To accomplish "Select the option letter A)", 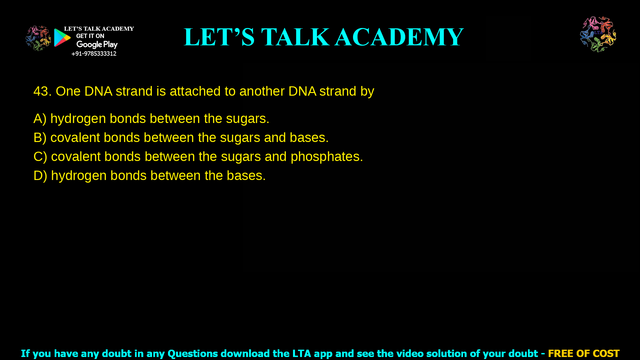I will (x=40, y=119).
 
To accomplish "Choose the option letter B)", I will (x=40, y=138).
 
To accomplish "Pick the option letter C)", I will (x=40, y=157).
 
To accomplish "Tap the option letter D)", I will (x=40, y=176).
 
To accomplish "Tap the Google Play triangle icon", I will (x=62, y=38).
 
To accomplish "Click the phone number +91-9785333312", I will (x=94, y=54).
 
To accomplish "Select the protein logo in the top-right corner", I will (x=598, y=34).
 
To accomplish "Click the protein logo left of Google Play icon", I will (x=38, y=38).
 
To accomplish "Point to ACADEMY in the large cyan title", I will (x=399, y=37).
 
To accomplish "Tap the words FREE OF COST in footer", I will (x=583, y=353).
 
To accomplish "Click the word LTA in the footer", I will (x=302, y=353).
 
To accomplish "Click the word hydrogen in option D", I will (x=79, y=176).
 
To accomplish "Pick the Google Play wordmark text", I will (x=97, y=45).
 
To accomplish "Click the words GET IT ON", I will (x=90, y=36).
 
